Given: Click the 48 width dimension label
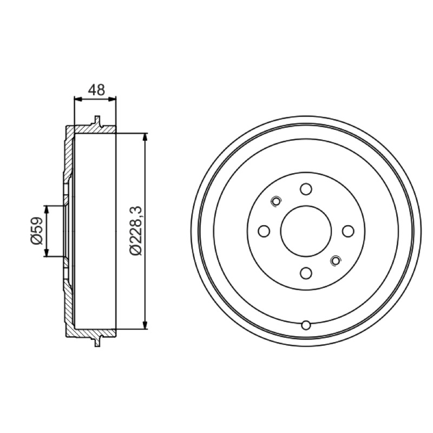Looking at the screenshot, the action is [x=97, y=89].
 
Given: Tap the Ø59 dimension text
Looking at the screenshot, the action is [x=37, y=231].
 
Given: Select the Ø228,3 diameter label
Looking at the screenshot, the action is [x=136, y=231].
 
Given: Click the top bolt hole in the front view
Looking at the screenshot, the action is [x=306, y=189].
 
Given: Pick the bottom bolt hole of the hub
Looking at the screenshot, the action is [x=306, y=273].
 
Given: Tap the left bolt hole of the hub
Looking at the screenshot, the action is [x=264, y=231].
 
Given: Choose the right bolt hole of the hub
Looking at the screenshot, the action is [x=348, y=231].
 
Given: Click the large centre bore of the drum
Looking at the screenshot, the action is [x=306, y=231].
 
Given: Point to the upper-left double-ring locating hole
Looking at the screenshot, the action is [x=276, y=201].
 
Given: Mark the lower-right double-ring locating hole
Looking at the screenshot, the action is [x=336, y=260].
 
